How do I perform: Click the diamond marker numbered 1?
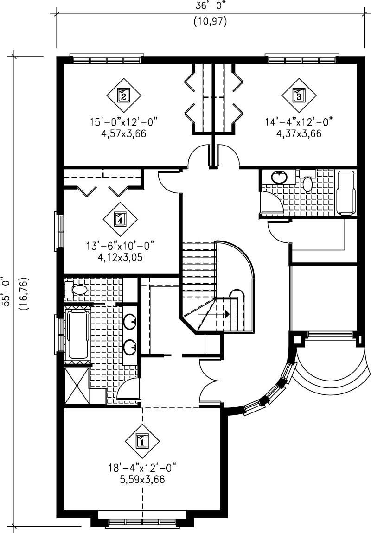coord(142,441)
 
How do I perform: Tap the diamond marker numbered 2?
coord(123,95)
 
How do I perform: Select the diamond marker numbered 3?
coord(299,95)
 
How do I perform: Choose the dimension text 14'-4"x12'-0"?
coord(299,122)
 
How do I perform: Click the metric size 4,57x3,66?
coord(123,134)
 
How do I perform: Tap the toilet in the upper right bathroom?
coord(307,182)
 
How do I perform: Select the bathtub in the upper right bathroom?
coord(345,193)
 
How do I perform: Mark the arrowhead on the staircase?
coord(227,314)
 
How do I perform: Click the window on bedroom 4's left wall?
coord(60,231)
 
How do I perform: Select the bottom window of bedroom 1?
coord(141,523)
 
